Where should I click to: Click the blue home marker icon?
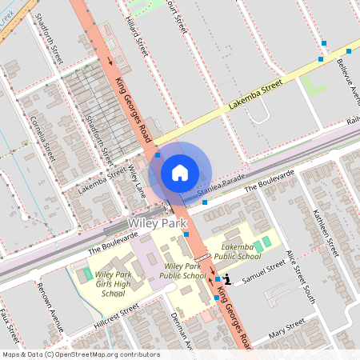[x=180, y=172]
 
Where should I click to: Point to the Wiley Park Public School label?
[x=182, y=270]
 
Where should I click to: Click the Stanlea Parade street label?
[x=219, y=190]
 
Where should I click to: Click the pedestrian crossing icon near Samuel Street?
[x=227, y=279]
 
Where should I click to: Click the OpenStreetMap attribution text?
[x=81, y=354]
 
